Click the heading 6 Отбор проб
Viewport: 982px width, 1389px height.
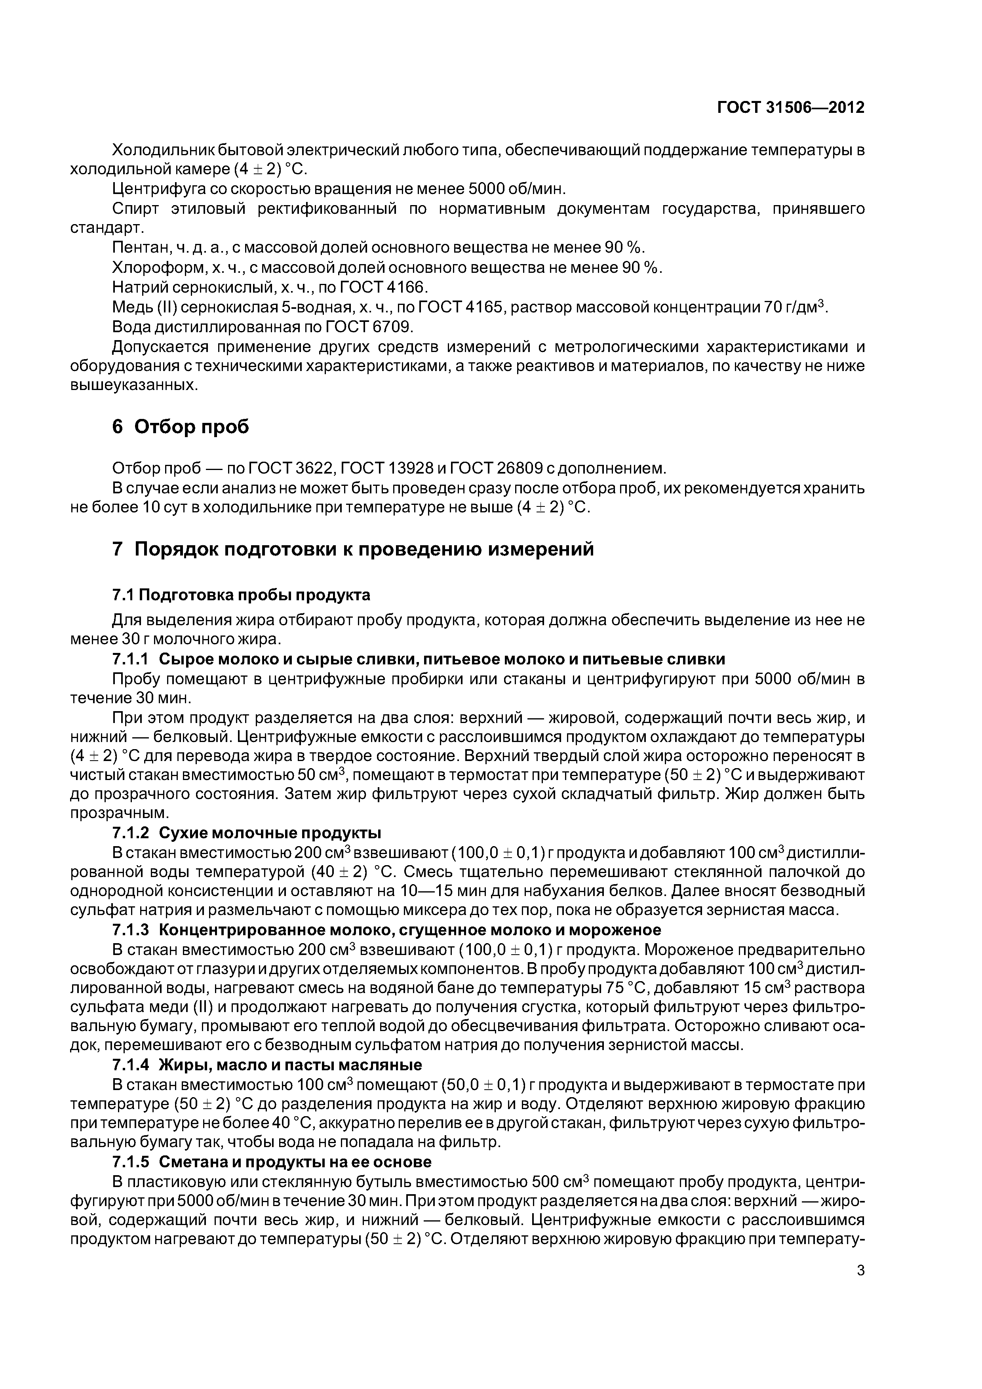[181, 427]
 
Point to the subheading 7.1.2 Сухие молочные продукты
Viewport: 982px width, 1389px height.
[247, 833]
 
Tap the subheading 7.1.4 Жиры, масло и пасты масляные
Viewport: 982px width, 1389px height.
[267, 1064]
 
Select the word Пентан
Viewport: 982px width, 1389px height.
[133, 247]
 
